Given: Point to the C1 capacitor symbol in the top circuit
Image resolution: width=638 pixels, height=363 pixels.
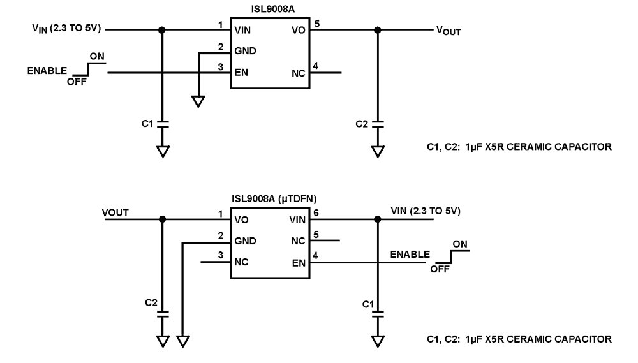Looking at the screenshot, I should click(x=163, y=123).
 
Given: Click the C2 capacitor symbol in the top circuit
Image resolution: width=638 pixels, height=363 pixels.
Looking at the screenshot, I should click(x=378, y=123).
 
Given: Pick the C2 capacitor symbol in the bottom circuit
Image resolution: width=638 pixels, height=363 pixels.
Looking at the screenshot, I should click(x=163, y=312).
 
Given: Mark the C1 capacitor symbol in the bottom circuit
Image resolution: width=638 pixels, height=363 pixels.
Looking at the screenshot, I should click(x=378, y=312).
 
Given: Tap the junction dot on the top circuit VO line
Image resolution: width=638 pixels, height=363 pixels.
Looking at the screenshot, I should click(x=378, y=29).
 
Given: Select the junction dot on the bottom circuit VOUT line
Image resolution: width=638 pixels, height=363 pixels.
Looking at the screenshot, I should click(x=163, y=219).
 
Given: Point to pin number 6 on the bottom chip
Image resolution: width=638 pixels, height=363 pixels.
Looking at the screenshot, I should click(x=316, y=213).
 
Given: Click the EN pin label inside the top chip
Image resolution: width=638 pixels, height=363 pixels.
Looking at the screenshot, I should click(x=241, y=72).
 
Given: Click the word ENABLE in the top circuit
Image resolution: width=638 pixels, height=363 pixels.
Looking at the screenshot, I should click(x=46, y=71).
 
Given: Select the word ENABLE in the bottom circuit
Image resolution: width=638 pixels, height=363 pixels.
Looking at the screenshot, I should click(x=410, y=255).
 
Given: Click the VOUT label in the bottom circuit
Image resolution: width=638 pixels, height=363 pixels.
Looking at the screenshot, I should click(x=115, y=212).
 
